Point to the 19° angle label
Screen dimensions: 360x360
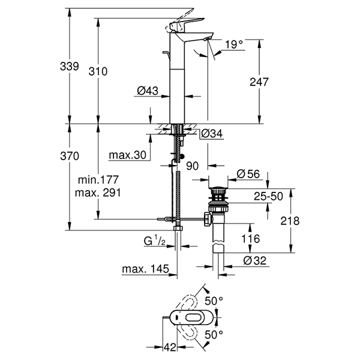pyautogui.click(x=235, y=44)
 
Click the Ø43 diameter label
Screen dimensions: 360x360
pyautogui.click(x=147, y=91)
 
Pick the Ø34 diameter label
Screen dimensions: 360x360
pyautogui.click(x=212, y=133)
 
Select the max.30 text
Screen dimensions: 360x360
pyautogui.click(x=128, y=156)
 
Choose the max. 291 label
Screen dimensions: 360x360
pyautogui.click(x=99, y=193)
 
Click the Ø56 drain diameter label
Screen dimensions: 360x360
pyautogui.click(x=247, y=173)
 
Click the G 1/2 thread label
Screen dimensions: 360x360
pyautogui.click(x=154, y=242)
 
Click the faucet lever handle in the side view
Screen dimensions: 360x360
pyautogui.click(x=178, y=27)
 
